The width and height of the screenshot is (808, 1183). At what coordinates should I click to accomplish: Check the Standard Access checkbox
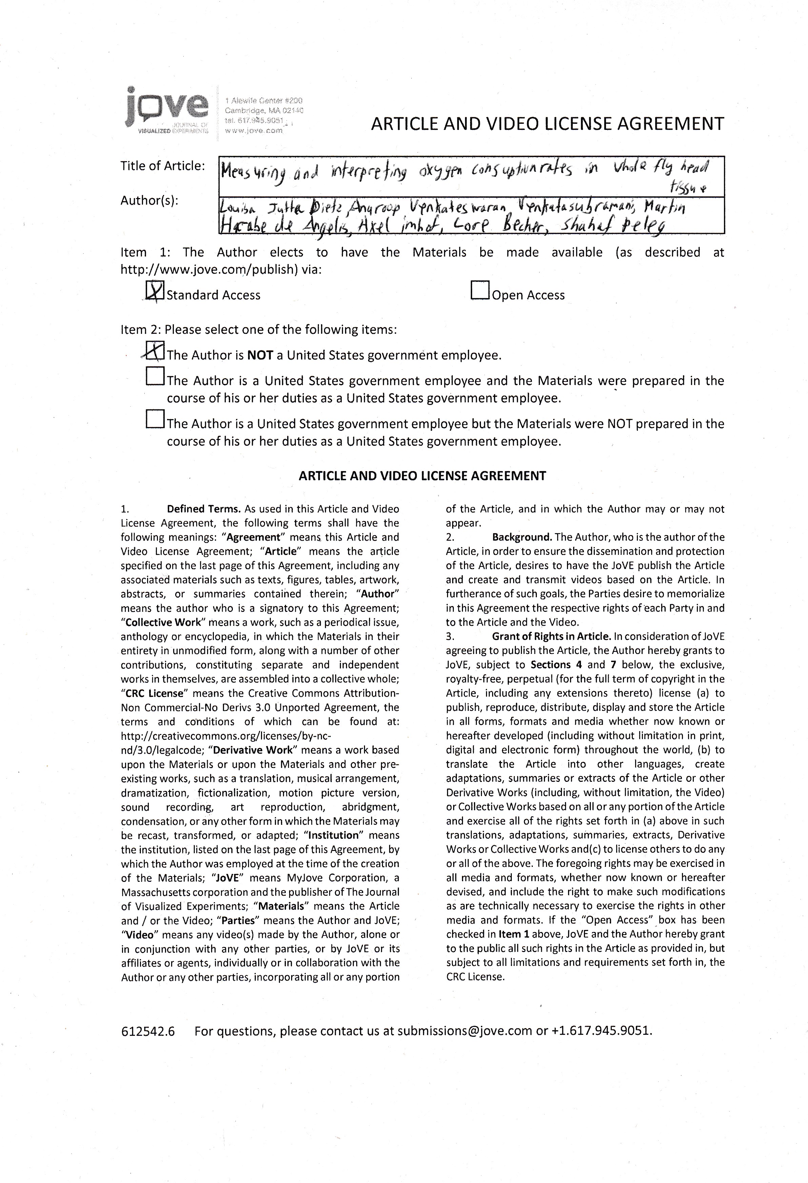click(x=154, y=291)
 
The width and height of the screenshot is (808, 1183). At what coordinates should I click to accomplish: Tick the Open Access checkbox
click(x=480, y=291)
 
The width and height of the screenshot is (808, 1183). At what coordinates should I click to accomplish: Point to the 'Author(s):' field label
click(x=149, y=200)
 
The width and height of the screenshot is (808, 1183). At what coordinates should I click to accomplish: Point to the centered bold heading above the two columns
click(x=422, y=476)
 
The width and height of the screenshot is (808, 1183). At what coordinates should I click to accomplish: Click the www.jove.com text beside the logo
click(x=254, y=131)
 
